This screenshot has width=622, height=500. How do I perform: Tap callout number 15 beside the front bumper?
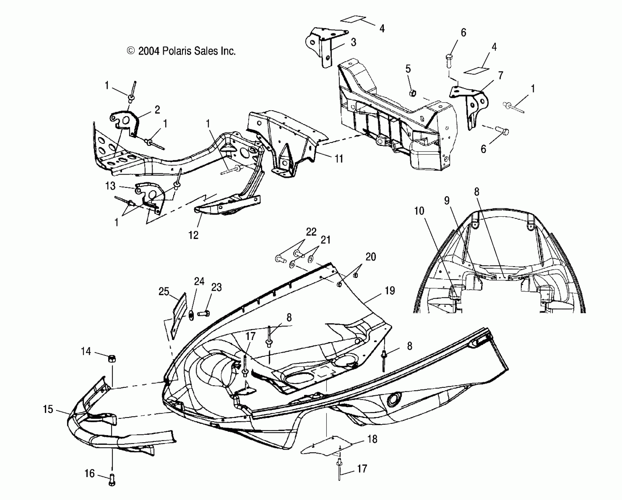[x=48, y=409]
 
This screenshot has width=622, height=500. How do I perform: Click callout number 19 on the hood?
[x=390, y=291]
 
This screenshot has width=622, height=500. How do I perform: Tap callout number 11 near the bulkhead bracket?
[x=339, y=159]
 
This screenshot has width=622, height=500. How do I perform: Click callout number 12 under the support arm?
[x=194, y=235]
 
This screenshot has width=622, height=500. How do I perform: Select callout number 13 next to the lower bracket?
[x=111, y=186]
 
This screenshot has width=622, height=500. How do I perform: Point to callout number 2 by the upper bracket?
[x=157, y=110]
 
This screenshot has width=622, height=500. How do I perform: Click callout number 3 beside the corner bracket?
[x=353, y=42]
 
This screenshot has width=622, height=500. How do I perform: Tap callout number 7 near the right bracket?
[x=501, y=75]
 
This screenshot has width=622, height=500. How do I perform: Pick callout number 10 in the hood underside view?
[x=419, y=211]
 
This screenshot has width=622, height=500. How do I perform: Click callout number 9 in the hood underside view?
[x=447, y=201]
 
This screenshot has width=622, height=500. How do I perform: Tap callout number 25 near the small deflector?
[x=164, y=291]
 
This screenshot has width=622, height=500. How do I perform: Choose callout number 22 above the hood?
[x=311, y=232]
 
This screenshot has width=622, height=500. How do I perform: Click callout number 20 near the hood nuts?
[x=371, y=257]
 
